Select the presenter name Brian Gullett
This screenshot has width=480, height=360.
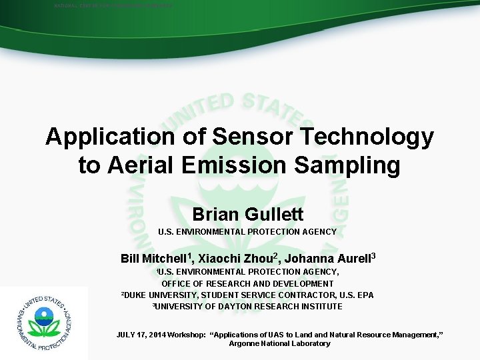tap(247, 214)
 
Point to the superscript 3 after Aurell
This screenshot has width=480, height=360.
tap(374, 255)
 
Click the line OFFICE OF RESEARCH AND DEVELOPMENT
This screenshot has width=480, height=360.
tap(247, 283)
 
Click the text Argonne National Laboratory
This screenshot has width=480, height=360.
tap(279, 343)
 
